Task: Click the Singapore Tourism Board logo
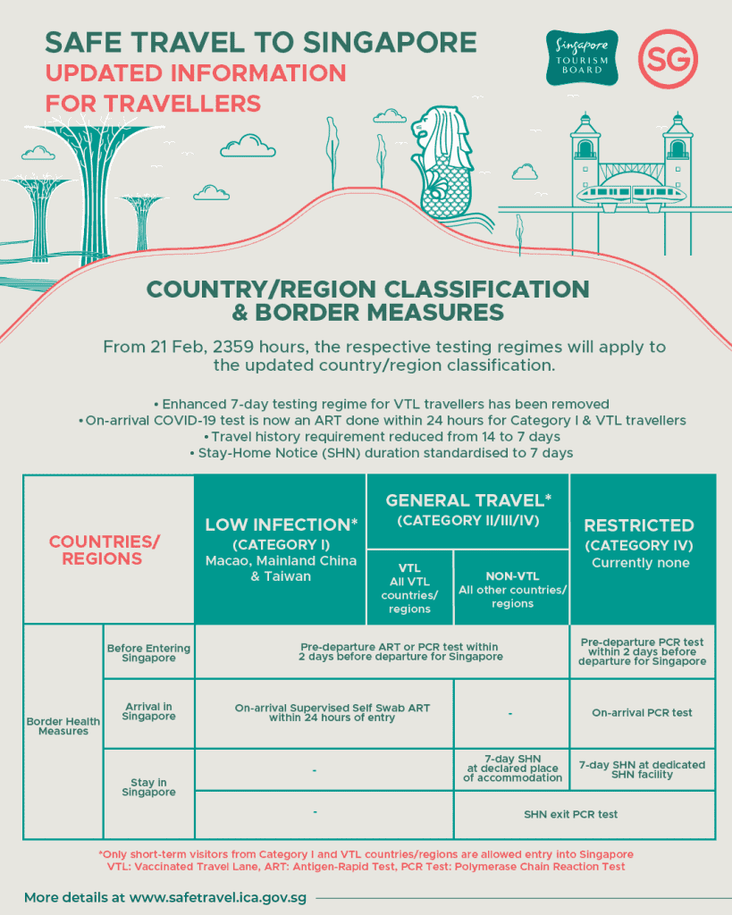click(582, 58)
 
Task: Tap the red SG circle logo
click(668, 58)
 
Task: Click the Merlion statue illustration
click(452, 165)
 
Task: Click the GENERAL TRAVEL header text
click(467, 500)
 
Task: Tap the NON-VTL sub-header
click(512, 577)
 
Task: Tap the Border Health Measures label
click(63, 726)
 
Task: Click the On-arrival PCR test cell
click(642, 712)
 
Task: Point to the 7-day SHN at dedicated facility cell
click(642, 769)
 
